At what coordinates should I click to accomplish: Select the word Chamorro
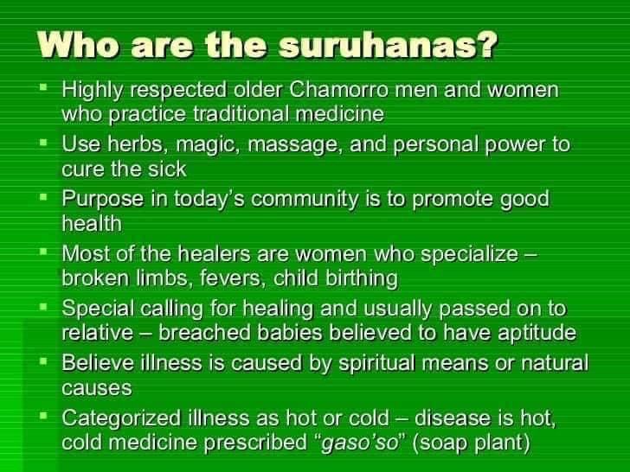click(338, 90)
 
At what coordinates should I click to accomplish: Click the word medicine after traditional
click(340, 114)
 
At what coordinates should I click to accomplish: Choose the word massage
click(296, 146)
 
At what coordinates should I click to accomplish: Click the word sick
click(167, 169)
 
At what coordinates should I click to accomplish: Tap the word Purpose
click(103, 200)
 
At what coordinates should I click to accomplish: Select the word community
click(305, 200)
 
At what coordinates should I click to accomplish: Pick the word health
click(92, 224)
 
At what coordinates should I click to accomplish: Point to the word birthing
click(362, 278)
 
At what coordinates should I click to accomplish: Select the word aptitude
click(537, 333)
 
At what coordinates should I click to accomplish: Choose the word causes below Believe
click(97, 389)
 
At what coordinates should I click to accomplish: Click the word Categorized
click(121, 418)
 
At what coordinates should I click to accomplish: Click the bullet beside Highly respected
click(44, 86)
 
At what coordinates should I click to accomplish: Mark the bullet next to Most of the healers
click(44, 251)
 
